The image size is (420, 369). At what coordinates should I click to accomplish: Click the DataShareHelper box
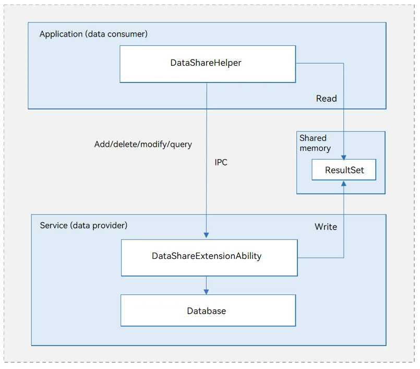click(x=208, y=64)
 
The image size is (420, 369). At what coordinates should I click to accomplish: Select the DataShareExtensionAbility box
click(x=209, y=257)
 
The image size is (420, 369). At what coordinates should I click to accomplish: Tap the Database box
click(x=208, y=311)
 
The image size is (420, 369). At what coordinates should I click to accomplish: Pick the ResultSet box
click(x=344, y=170)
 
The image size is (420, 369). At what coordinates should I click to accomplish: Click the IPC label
click(x=221, y=162)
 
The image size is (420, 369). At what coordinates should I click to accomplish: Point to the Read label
click(x=326, y=98)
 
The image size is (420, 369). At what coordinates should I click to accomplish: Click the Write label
click(x=326, y=227)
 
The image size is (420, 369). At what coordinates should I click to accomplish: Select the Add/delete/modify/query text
click(x=143, y=145)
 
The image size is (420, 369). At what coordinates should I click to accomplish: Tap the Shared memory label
click(x=315, y=143)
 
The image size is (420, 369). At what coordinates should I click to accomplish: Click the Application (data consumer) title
click(x=93, y=34)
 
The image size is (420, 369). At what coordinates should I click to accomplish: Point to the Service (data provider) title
click(x=83, y=225)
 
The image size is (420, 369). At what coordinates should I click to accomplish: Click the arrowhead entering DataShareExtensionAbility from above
click(x=206, y=235)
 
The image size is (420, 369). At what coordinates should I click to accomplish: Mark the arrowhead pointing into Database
click(x=206, y=292)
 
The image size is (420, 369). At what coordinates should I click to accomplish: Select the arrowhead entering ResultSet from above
click(x=344, y=157)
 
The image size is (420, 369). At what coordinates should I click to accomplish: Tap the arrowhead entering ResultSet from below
click(x=344, y=184)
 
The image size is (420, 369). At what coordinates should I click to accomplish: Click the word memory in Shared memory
click(x=315, y=148)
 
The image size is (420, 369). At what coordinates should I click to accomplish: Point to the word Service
click(x=54, y=225)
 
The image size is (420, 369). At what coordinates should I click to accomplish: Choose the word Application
click(x=61, y=34)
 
